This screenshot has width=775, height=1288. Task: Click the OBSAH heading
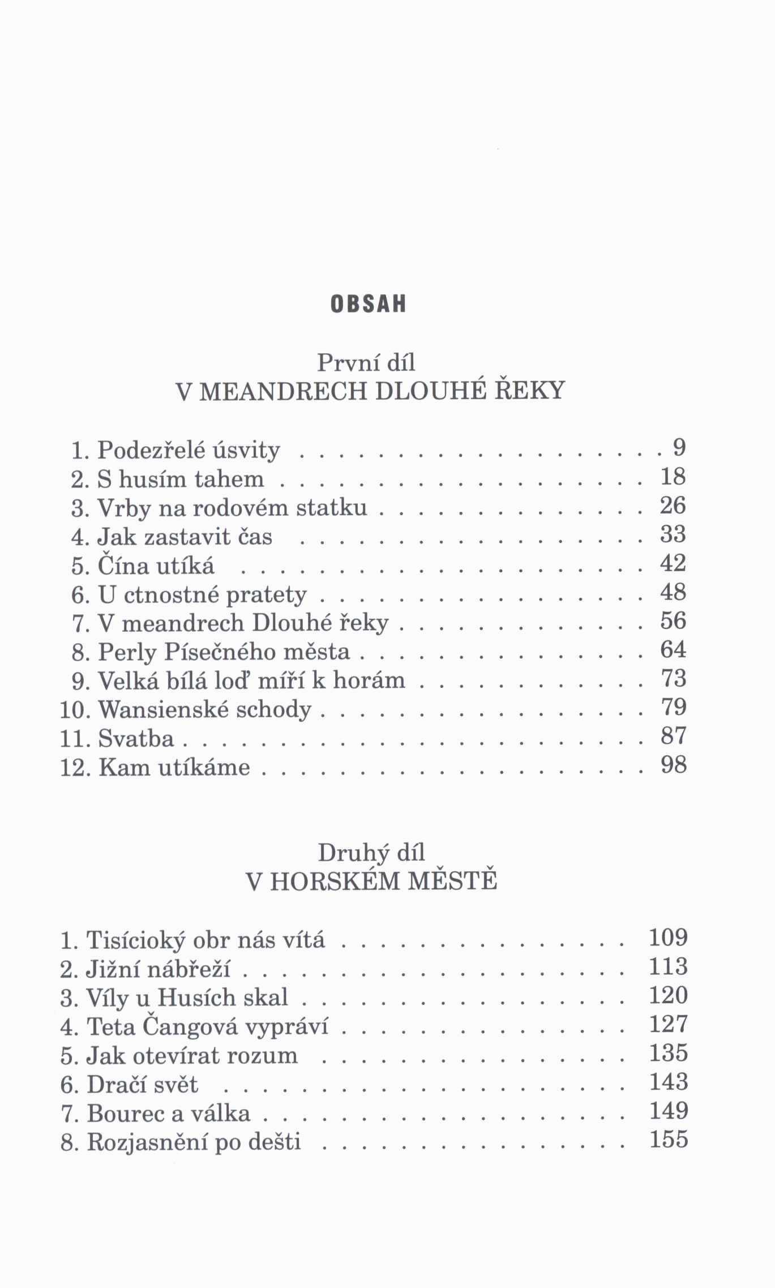click(368, 304)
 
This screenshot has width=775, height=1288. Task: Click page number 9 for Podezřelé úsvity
click(679, 448)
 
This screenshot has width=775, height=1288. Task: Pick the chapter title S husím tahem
click(181, 480)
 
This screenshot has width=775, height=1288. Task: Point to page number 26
click(673, 506)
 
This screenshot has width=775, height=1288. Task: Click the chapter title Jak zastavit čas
click(185, 536)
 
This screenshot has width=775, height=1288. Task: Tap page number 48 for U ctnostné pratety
click(673, 592)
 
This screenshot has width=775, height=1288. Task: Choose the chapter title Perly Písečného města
click(224, 652)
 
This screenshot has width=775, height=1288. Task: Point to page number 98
click(673, 765)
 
